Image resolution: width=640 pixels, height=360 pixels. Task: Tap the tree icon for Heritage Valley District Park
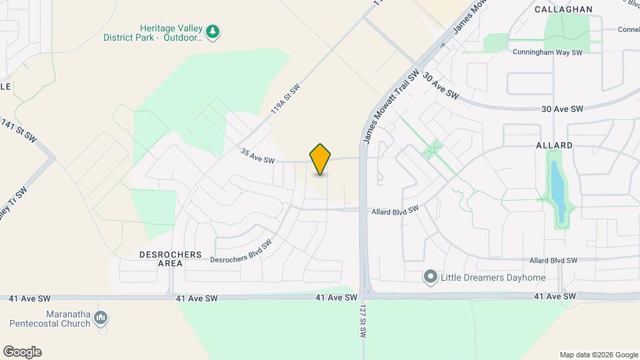[213, 31]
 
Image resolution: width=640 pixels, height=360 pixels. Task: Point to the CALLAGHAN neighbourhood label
[563, 9]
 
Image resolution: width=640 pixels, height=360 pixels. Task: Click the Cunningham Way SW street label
[547, 52]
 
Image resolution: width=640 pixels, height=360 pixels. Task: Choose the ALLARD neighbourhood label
[554, 145]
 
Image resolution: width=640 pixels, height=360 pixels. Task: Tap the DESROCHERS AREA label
[161, 259]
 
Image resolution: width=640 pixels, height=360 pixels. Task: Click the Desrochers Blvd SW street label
[241, 251]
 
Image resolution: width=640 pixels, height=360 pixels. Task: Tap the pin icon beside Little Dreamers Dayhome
[431, 277]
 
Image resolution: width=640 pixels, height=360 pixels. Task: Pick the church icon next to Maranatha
[101, 318]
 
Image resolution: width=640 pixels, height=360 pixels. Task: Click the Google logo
[22, 352]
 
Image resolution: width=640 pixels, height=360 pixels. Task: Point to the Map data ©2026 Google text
[598, 355]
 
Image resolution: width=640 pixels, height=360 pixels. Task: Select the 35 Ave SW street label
[258, 156]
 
